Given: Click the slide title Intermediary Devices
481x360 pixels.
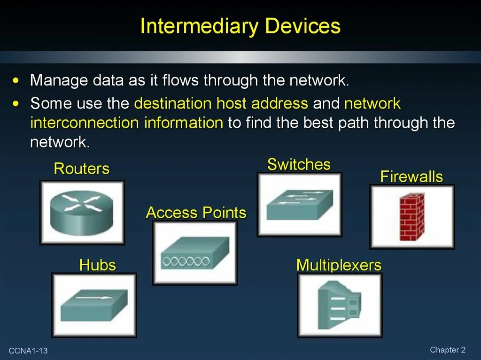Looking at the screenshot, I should click(x=240, y=26).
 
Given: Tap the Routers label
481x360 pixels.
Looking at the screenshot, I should click(x=81, y=169).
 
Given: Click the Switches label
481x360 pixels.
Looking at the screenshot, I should click(x=299, y=164).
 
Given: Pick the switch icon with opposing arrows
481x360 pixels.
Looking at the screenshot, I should click(x=299, y=204).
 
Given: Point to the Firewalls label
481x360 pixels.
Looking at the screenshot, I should click(x=411, y=177).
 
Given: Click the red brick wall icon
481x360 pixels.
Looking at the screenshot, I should click(x=411, y=216).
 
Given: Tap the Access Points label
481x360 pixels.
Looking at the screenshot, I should click(x=196, y=213).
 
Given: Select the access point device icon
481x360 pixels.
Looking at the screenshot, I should click(x=195, y=253).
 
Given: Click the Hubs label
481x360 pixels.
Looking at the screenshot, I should click(x=97, y=265).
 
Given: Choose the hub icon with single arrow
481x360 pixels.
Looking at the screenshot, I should click(x=94, y=305).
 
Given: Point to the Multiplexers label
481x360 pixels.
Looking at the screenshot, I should click(x=339, y=265).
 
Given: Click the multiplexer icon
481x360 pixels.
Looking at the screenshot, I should click(x=340, y=305).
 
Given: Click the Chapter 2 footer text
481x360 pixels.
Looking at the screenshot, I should click(x=447, y=350).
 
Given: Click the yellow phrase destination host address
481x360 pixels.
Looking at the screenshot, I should click(x=221, y=103).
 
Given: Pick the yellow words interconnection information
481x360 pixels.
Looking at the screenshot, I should click(x=126, y=123).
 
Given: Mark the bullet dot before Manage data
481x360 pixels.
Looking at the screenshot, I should click(x=16, y=81).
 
